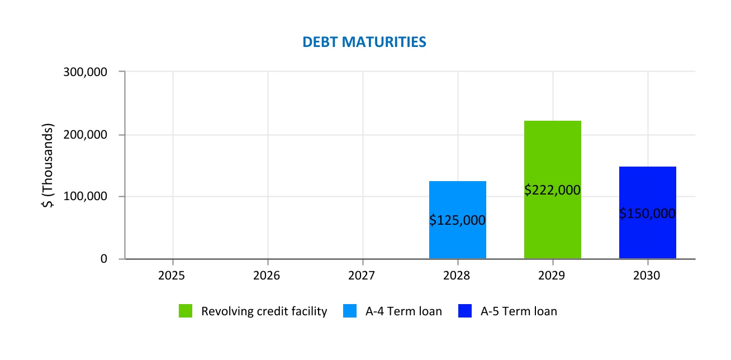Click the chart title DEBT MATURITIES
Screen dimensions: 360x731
pos(364,42)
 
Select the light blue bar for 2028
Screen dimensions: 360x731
pos(457,196)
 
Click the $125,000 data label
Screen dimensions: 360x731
pos(457,220)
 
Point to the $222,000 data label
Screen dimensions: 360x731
pos(552,190)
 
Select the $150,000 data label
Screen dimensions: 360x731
pos(647,214)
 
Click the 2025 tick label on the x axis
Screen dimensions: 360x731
pos(173,276)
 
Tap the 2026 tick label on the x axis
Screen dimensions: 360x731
pos(268,276)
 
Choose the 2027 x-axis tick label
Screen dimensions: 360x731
pos(363,276)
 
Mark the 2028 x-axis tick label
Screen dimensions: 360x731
pos(458,276)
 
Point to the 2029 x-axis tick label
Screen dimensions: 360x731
pos(553,276)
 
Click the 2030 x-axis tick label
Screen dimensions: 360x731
pos(648,276)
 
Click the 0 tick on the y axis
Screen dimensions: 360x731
pos(104,259)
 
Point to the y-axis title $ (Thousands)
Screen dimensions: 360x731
pos(49,165)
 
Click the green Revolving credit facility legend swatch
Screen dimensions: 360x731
pos(186,311)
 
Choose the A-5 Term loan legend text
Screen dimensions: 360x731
pos(519,311)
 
